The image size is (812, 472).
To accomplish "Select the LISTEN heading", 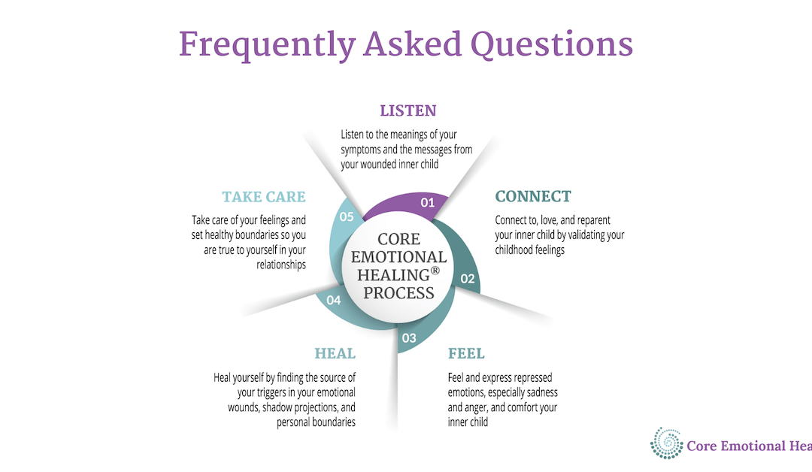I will click(408, 111).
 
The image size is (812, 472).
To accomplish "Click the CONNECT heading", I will click(533, 197).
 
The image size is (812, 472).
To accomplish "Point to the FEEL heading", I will click(466, 353).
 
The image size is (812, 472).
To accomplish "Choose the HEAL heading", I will click(335, 353).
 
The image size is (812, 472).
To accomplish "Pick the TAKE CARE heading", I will click(264, 198).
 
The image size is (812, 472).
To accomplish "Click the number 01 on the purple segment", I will click(428, 202).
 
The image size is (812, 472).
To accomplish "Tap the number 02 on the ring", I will click(468, 278).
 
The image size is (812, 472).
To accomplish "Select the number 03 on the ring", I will click(409, 337).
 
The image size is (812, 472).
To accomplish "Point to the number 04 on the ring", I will click(334, 300).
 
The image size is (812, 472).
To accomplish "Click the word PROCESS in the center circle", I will click(398, 292).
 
